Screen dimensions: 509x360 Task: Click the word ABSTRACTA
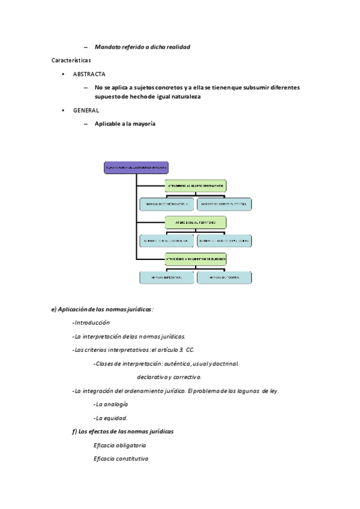pyautogui.click(x=89, y=74)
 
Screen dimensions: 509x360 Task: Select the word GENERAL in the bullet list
pyautogui.click(x=86, y=110)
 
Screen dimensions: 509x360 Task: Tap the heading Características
pyautogui.click(x=71, y=60)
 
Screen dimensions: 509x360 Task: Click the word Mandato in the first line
pyautogui.click(x=107, y=47)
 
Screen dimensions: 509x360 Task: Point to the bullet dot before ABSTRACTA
pyautogui.click(x=64, y=74)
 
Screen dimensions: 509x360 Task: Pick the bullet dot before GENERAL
pyautogui.click(x=64, y=110)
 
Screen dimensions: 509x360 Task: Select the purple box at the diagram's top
pyautogui.click(x=136, y=167)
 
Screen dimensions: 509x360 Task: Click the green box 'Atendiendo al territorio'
pyautogui.click(x=196, y=222)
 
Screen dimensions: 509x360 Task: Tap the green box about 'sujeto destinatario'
pyautogui.click(x=196, y=186)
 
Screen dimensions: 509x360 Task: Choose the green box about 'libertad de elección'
pyautogui.click(x=196, y=259)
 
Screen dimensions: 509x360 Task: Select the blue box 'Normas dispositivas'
pyautogui.click(x=224, y=277)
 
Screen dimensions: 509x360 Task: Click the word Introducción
pyautogui.click(x=92, y=322)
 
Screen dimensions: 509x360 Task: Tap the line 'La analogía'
pyautogui.click(x=112, y=404)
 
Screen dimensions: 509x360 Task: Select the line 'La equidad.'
pyautogui.click(x=111, y=418)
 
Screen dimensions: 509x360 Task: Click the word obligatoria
pyautogui.click(x=129, y=445)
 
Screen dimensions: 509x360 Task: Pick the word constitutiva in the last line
pyautogui.click(x=130, y=459)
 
